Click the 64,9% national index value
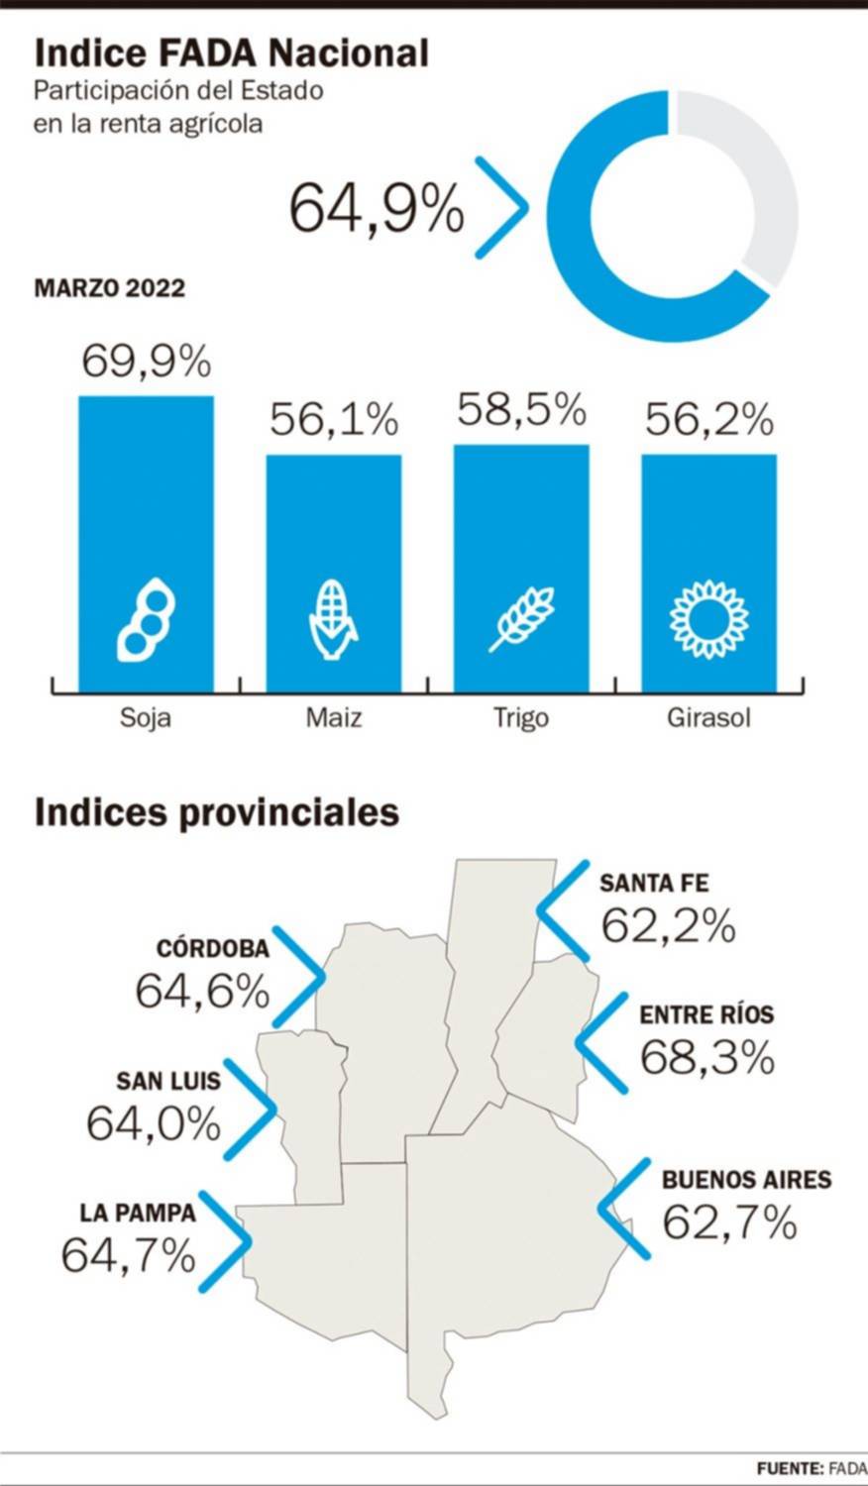[x=377, y=208]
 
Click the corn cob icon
[x=334, y=620]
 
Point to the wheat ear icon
[x=521, y=619]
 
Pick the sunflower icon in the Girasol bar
[x=708, y=620]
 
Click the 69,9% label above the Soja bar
[x=146, y=362]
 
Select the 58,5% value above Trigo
[x=521, y=409]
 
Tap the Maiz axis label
[x=334, y=717]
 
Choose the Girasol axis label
[x=708, y=717]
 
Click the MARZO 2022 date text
[x=109, y=288]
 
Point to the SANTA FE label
[x=654, y=883]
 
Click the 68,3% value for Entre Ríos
[x=706, y=1058]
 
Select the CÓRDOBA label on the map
[x=212, y=948]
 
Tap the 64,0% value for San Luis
[x=154, y=1123]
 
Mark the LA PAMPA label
[x=138, y=1213]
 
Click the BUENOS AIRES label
[x=746, y=1180]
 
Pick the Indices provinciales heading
[x=216, y=812]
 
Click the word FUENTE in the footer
[x=789, y=1468]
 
